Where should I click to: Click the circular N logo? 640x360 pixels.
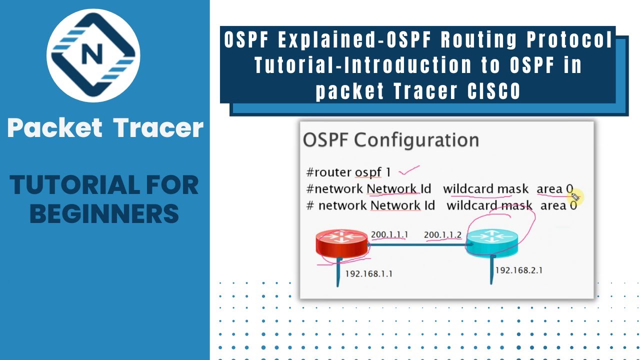93,55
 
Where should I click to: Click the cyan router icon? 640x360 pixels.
492,242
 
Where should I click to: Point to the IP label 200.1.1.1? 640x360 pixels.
389,234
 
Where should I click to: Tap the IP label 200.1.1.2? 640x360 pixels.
442,234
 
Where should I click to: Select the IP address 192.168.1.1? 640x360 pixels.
368,273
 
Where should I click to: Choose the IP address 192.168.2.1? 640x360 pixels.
518,270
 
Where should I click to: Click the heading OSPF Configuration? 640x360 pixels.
390,140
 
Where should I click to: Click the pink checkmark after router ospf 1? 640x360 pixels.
409,171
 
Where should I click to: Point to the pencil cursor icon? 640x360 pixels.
574,196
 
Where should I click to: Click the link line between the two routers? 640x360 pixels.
417,245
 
